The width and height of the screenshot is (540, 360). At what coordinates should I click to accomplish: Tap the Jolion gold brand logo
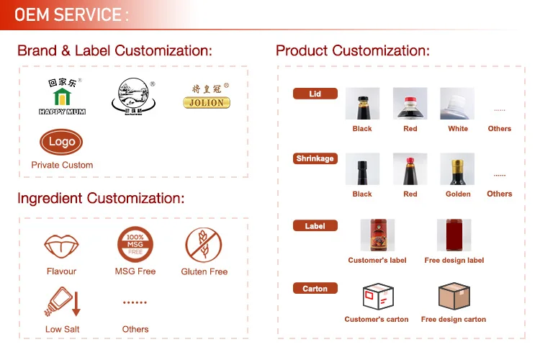(x=206, y=96)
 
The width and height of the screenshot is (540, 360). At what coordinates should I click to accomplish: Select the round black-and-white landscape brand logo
(x=134, y=96)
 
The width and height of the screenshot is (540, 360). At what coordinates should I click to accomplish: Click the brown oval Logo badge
(x=62, y=142)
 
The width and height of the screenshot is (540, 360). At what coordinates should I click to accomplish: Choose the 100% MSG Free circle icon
(x=135, y=245)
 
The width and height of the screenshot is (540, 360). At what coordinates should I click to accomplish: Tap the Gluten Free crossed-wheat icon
(x=204, y=245)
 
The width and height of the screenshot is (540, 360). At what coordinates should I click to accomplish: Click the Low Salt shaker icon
(x=62, y=302)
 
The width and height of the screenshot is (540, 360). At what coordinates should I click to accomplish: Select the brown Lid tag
(x=315, y=94)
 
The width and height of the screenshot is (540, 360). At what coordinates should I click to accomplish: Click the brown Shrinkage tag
(x=315, y=158)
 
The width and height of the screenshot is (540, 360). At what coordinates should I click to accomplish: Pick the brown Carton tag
(x=315, y=289)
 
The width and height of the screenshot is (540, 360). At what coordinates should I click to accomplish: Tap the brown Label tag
(x=315, y=226)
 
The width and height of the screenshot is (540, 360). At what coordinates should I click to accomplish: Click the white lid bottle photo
(x=457, y=104)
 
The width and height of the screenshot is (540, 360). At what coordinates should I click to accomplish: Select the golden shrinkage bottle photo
(x=457, y=169)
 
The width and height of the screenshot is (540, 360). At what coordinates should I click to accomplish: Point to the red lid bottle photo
(x=410, y=104)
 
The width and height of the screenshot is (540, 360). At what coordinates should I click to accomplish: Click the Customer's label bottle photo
(x=377, y=235)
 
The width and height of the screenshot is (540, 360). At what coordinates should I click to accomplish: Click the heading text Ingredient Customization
(x=101, y=198)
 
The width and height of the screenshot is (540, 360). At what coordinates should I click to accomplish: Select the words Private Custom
(x=62, y=165)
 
